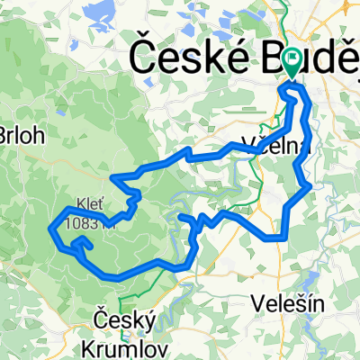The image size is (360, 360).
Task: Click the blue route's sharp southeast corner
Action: [284, 238]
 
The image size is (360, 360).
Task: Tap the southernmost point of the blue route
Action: [119, 277]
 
